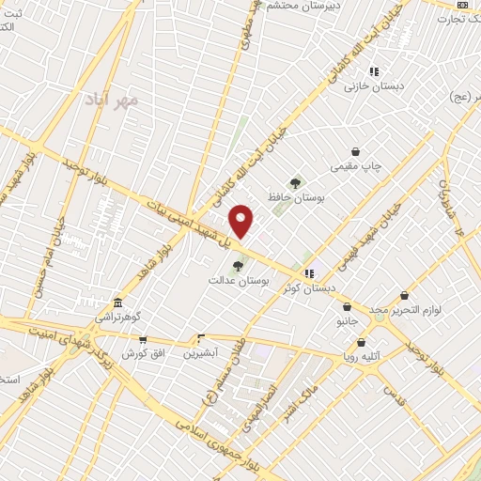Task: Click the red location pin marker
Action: pos(241,221)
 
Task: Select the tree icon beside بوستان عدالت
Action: pos(237,266)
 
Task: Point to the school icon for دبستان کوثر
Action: pos(309,273)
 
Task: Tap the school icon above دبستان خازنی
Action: pos(374,71)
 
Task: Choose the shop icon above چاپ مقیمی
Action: pos(355,151)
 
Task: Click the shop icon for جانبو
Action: pos(348,306)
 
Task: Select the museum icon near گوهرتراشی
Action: pos(117,303)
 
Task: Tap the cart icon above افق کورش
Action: pos(143,339)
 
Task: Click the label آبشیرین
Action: pos(200,353)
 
